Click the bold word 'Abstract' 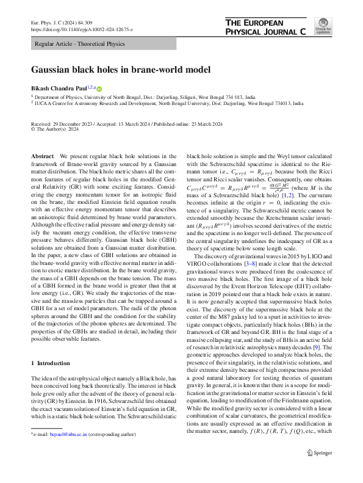pyautogui.click(x=43, y=157)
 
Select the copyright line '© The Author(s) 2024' pyautogui.click(x=57, y=129)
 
